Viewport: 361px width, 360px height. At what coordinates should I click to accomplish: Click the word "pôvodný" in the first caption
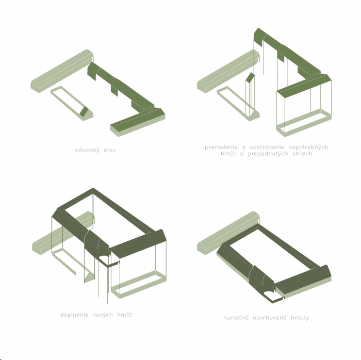tap(88, 150)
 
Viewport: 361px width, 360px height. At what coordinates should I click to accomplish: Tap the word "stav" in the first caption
tap(110, 150)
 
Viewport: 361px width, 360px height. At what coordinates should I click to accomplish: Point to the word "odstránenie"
tap(267, 147)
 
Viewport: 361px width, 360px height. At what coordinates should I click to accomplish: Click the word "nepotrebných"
tap(308, 147)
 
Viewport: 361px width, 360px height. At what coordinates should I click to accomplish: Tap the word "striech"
tap(302, 154)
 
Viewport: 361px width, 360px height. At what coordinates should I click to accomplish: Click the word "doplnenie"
tap(74, 315)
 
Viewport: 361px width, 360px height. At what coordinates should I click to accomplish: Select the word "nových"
tap(103, 315)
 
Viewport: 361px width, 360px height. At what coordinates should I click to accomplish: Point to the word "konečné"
tap(236, 318)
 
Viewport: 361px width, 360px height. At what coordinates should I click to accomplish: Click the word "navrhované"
tap(270, 318)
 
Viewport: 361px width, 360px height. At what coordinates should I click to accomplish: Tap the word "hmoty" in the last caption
tap(300, 318)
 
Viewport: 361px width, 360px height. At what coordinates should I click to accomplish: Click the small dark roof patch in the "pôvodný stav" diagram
tap(84, 111)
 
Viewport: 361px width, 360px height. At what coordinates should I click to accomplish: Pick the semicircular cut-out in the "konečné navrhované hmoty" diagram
tap(268, 293)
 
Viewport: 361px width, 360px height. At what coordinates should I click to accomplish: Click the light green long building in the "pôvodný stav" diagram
tap(62, 71)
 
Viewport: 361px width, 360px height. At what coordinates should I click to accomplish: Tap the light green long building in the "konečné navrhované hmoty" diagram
tap(228, 233)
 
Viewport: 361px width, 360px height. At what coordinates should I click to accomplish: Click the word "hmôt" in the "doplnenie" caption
tap(125, 315)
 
